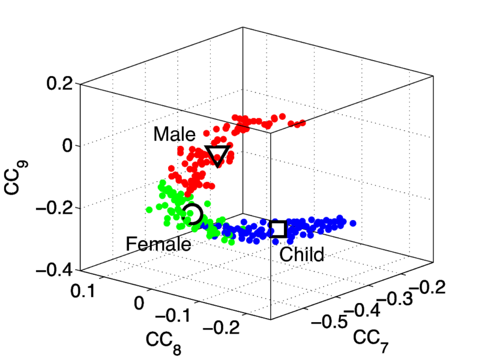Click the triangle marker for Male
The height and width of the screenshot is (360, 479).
217,155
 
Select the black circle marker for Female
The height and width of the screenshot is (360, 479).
193,214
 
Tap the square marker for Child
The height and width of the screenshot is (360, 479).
278,229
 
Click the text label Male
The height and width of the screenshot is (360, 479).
174,134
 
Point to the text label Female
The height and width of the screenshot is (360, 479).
158,244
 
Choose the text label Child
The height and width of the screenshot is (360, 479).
302,254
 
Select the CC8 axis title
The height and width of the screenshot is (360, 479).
163,341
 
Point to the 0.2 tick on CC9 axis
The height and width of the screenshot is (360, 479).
60,83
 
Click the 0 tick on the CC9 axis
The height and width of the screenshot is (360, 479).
67,145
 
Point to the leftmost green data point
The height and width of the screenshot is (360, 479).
149,209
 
